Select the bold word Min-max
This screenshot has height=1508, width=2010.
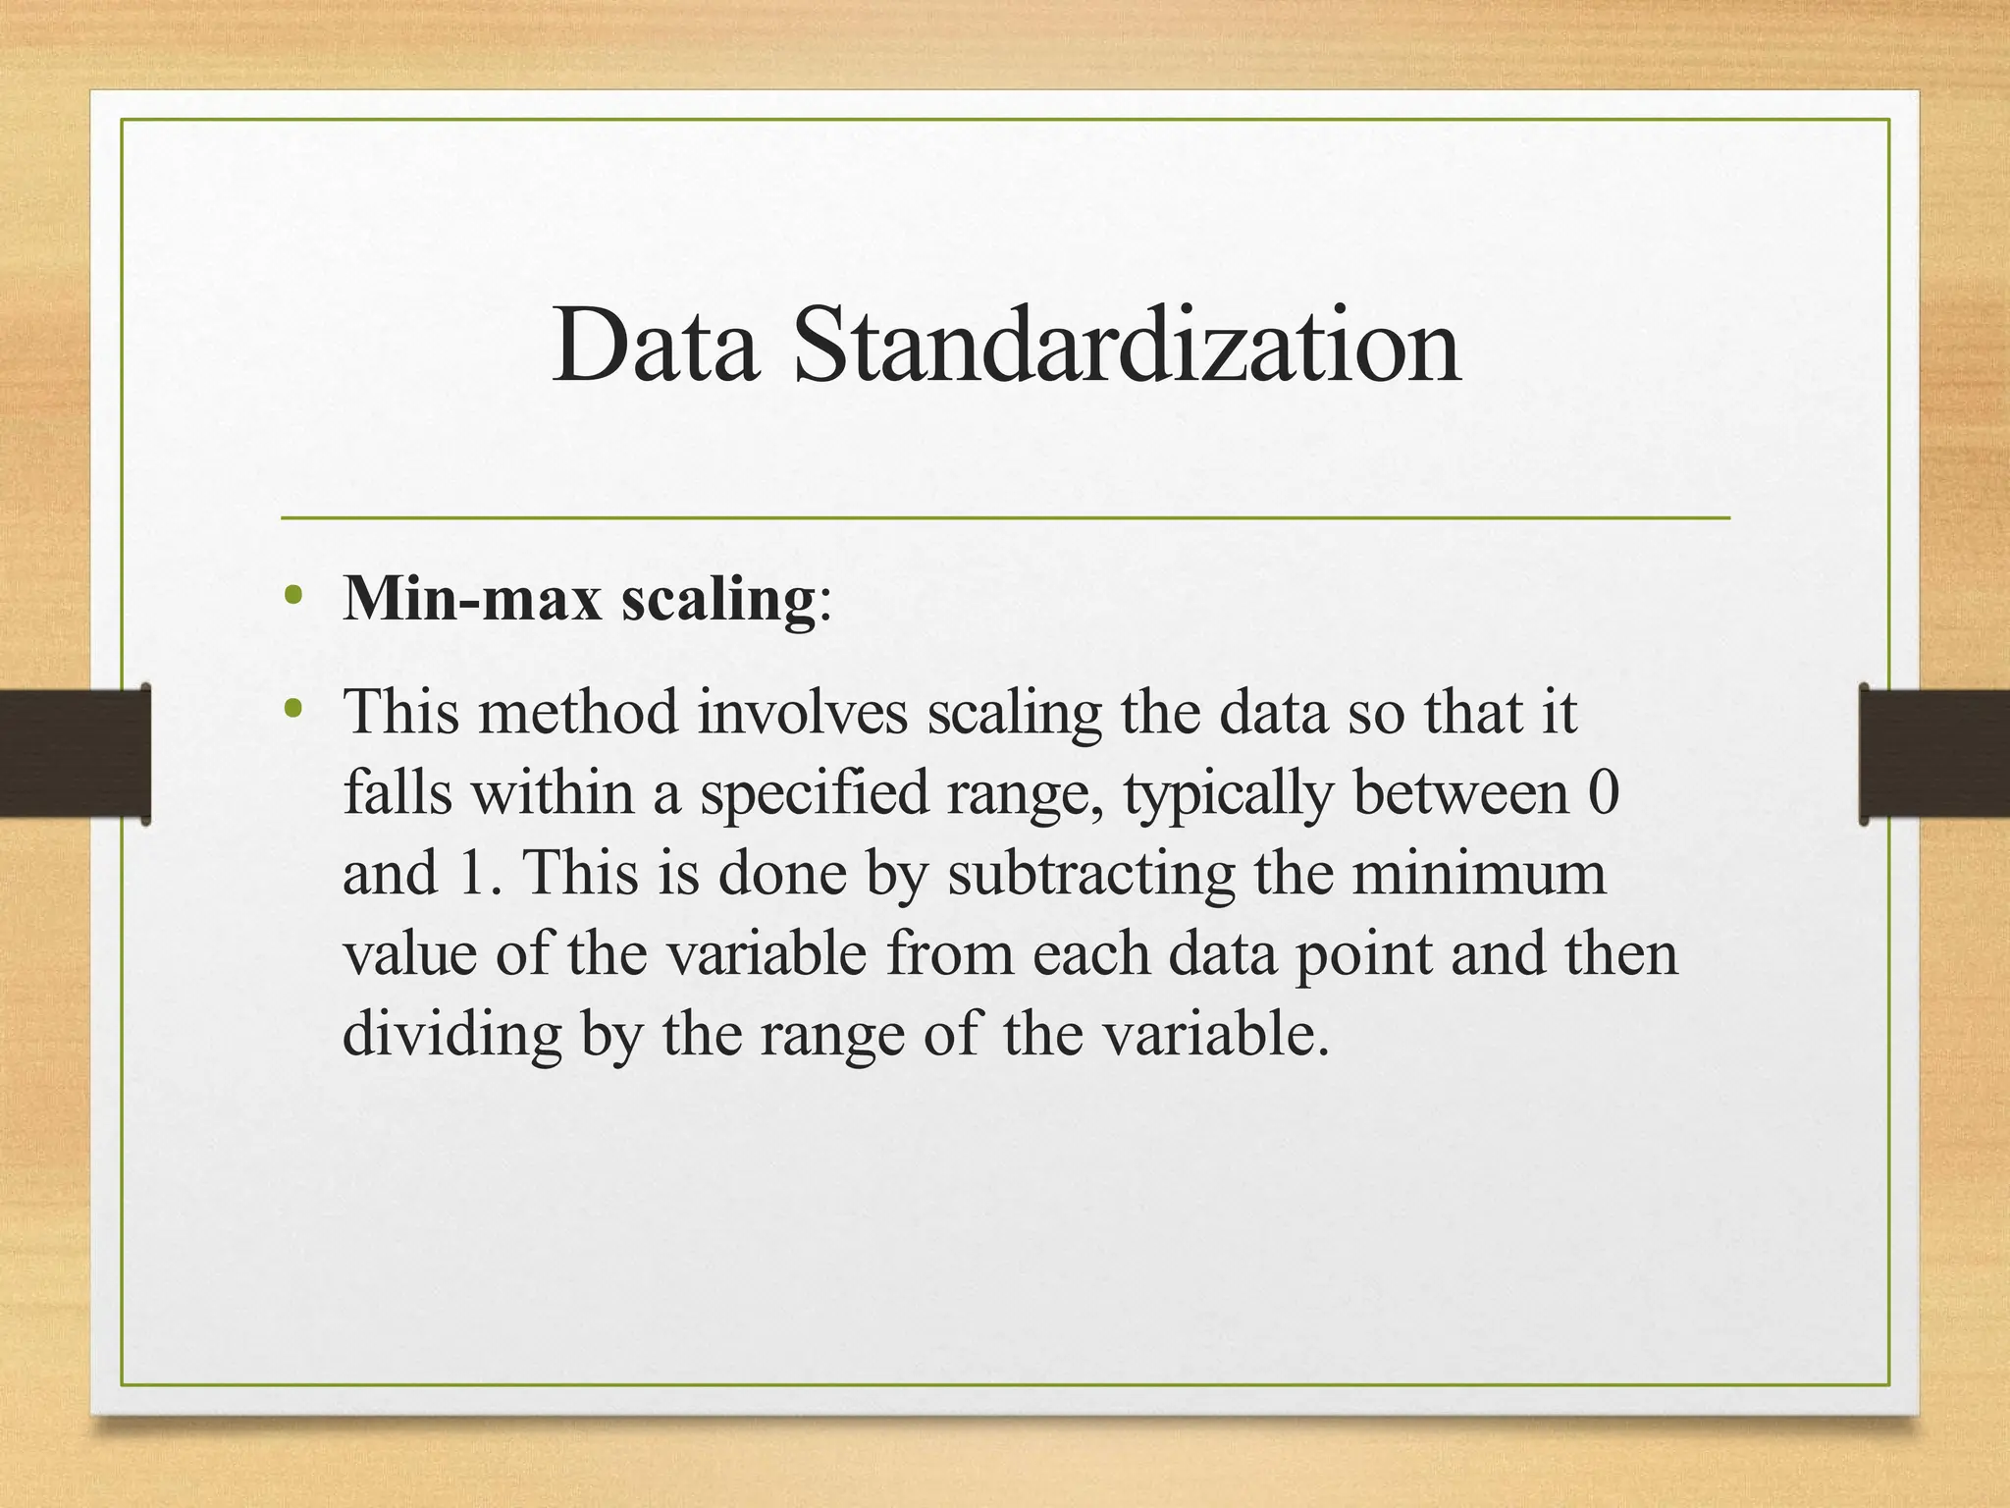pyautogui.click(x=472, y=598)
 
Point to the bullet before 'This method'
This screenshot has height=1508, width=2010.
pyautogui.click(x=291, y=707)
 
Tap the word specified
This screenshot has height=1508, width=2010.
pyautogui.click(x=814, y=793)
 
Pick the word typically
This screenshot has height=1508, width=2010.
pyautogui.click(x=1228, y=793)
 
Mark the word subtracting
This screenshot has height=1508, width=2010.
pyautogui.click(x=1090, y=874)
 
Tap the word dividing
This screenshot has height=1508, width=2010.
pyautogui.click(x=451, y=1035)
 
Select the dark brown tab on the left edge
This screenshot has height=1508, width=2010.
pyautogui.click(x=75, y=753)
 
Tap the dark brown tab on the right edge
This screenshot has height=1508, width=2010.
pyautogui.click(x=1934, y=753)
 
